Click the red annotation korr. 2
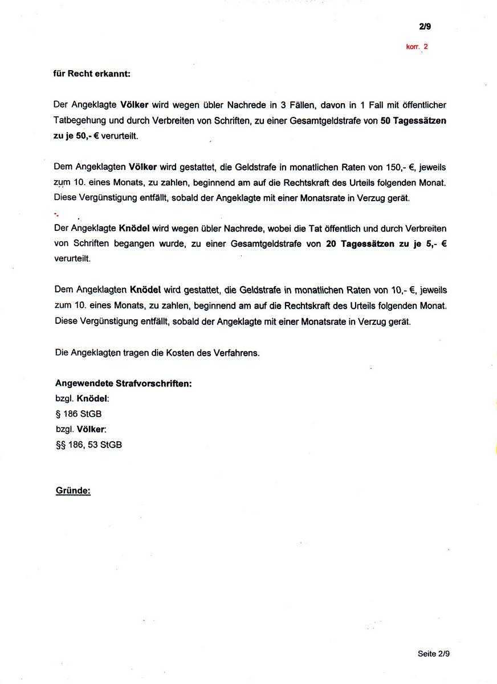pyautogui.click(x=417, y=47)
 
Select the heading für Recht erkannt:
pyautogui.click(x=92, y=74)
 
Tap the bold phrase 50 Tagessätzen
pyautogui.click(x=414, y=121)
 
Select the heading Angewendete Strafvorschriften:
pyautogui.click(x=123, y=383)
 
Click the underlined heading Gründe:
pyautogui.click(x=73, y=490)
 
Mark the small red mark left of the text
pyautogui.click(x=56, y=214)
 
